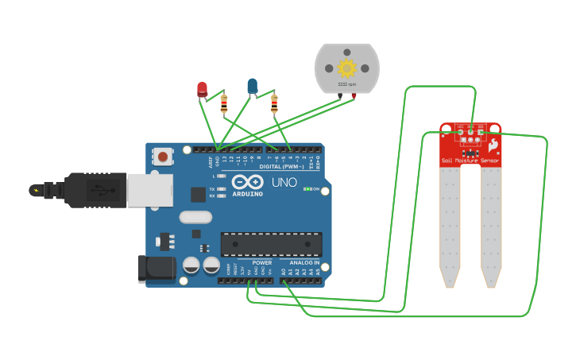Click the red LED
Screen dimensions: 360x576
[202, 88]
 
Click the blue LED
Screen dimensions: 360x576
[252, 85]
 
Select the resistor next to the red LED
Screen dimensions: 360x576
[223, 103]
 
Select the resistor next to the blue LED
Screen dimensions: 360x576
[274, 103]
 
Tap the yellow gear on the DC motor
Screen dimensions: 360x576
[346, 68]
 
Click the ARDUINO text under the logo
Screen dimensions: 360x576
[248, 193]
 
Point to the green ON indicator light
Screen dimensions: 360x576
[307, 188]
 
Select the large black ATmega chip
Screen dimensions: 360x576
[271, 245]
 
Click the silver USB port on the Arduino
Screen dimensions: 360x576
[149, 191]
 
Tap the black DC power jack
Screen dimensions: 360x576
[157, 269]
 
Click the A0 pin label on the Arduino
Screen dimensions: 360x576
[283, 272]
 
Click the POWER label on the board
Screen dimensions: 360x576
[261, 262]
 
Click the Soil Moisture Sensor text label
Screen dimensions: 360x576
[470, 161]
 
